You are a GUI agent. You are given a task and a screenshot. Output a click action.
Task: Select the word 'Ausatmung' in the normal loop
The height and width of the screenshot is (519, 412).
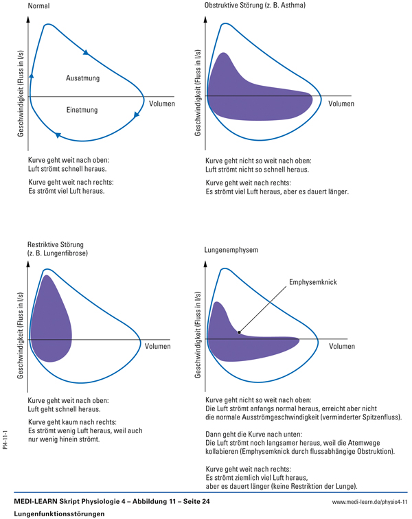[x=82, y=78]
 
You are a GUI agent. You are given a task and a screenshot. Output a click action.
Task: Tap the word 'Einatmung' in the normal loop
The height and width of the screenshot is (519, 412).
[x=82, y=110]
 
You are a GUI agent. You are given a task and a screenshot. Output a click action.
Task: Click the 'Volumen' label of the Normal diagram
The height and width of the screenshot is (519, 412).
[x=161, y=104]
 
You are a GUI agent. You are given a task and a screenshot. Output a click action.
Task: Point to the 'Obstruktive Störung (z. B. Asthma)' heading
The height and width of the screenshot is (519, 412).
[x=255, y=5]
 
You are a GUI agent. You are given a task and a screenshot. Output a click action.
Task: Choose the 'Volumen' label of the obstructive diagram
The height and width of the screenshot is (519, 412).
[x=341, y=104]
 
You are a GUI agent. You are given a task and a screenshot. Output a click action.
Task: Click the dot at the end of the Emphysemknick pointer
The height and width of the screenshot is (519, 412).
[x=239, y=333]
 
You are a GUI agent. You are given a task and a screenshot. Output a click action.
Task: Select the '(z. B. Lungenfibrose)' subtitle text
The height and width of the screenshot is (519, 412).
[x=58, y=253]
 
